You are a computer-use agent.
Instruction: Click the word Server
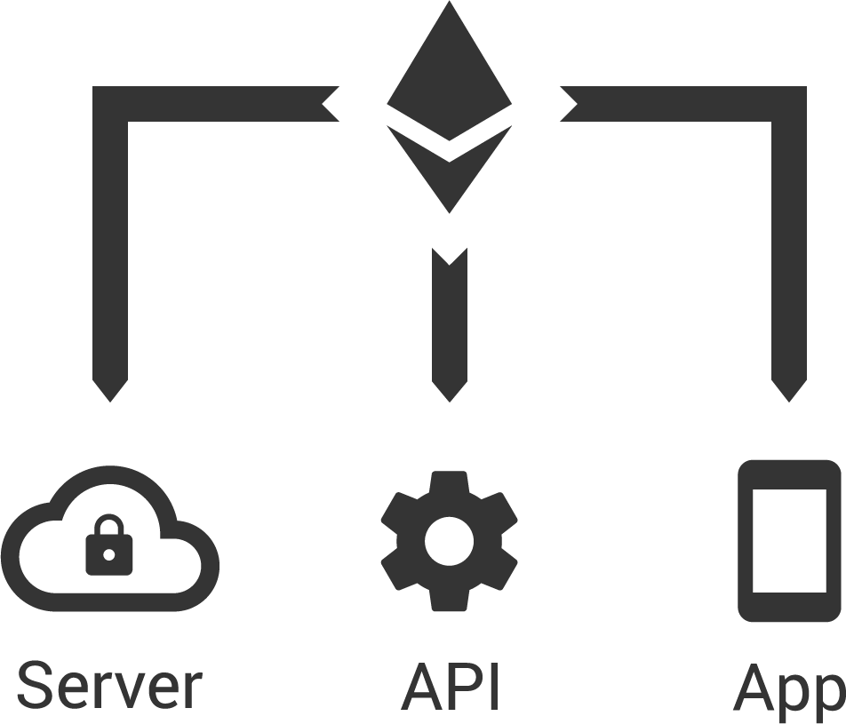pos(108,686)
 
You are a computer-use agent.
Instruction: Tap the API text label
pos(451,686)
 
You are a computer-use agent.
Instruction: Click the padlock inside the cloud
pos(108,547)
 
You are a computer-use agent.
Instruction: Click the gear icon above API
pos(449,539)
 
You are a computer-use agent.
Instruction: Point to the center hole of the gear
pos(449,539)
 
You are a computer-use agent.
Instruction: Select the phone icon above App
pos(789,540)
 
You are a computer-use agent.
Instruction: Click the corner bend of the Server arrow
pos(111,104)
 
